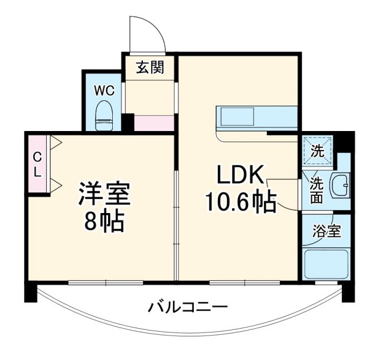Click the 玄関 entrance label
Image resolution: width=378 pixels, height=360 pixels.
click(150, 68)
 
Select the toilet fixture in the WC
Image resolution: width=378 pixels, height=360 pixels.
click(105, 115)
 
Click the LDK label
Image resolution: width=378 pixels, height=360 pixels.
click(240, 175)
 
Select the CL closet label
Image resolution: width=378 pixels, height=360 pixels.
click(37, 166)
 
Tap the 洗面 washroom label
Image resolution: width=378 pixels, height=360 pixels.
click(317, 190)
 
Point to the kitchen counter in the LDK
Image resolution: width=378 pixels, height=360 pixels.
click(256, 118)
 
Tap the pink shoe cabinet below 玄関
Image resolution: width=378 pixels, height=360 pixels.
click(154, 123)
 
